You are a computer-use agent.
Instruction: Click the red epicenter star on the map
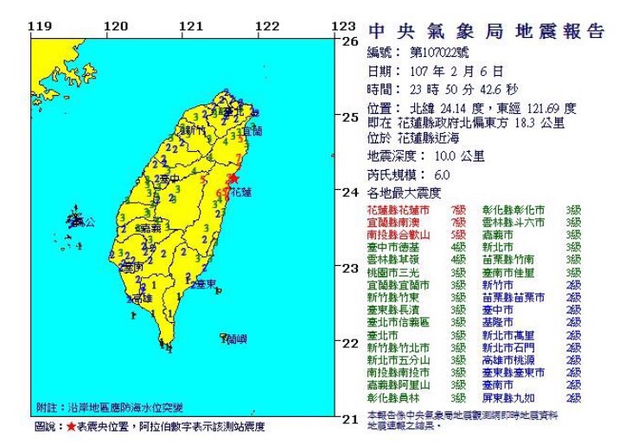coord(233,179)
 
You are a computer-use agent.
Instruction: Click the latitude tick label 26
coord(350,40)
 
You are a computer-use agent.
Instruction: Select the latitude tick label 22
coord(350,343)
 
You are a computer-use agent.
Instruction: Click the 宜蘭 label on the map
coord(252,132)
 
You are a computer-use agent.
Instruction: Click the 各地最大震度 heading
coord(404,192)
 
